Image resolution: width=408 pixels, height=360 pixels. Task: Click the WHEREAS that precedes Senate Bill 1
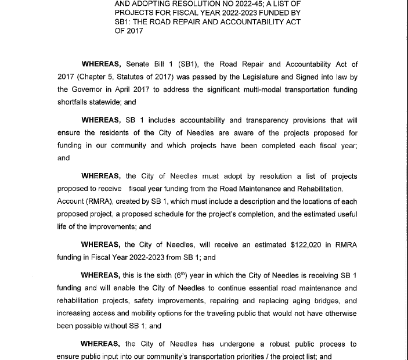point(102,64)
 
